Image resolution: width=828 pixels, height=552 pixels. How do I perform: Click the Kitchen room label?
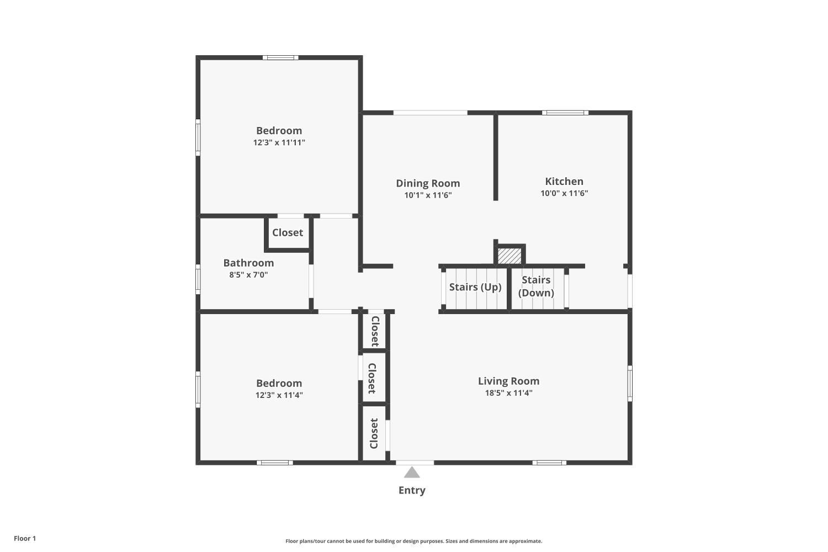point(564,181)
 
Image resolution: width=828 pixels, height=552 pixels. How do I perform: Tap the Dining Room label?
point(428,183)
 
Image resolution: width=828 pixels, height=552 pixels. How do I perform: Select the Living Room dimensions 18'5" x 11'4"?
point(508,393)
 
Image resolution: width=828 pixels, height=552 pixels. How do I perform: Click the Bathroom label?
point(248,263)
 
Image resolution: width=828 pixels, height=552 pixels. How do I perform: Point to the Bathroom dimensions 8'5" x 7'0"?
point(248,274)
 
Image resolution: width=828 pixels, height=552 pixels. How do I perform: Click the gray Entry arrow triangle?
point(412,473)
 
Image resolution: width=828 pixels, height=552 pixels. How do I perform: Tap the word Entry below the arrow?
point(412,490)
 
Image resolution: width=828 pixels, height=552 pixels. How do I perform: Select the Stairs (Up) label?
point(475,286)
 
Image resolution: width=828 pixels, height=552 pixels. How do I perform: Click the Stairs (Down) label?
point(536,286)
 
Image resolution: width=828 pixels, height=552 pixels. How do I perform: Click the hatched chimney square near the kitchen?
point(509,256)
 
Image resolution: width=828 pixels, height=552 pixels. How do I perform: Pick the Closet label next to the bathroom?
point(287,232)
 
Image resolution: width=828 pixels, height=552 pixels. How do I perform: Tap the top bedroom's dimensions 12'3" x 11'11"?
point(279,142)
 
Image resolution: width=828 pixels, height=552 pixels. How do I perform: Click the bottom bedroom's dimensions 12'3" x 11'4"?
point(279,395)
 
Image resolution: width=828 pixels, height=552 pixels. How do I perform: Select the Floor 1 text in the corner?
point(25,538)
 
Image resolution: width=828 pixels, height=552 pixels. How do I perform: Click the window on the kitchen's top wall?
point(564,113)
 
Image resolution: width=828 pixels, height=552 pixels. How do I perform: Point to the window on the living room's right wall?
point(630,383)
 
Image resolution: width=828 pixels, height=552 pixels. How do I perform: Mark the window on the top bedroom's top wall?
point(280,57)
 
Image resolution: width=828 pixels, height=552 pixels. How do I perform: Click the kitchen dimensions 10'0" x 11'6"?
point(564,193)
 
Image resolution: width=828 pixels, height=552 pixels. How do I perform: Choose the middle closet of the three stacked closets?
point(372,378)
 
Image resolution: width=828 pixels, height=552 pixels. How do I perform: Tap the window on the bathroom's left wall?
point(198,279)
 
